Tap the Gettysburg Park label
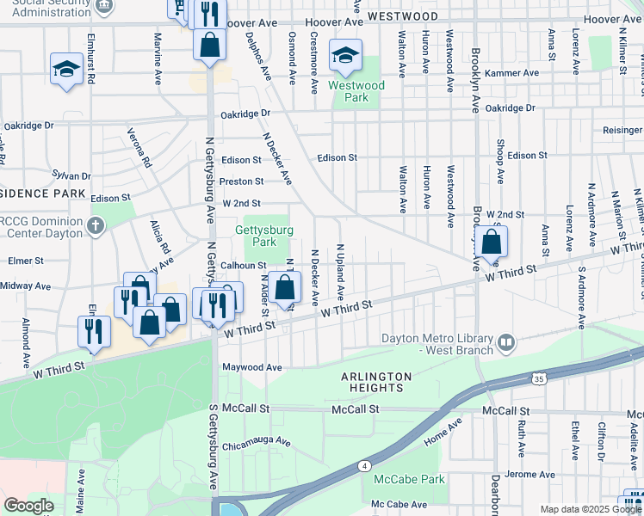point(266,236)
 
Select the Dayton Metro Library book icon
point(506,344)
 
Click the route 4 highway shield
point(365,466)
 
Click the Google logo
point(28,506)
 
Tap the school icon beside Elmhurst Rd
point(66,69)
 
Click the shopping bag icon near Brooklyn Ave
point(491,243)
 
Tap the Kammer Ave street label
point(511,73)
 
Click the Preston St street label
point(241,181)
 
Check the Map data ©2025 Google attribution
point(590,509)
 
